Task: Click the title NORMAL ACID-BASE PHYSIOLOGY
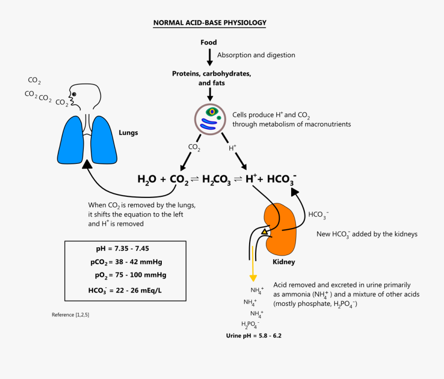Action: [210, 23]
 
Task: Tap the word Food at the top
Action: [209, 42]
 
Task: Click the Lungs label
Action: [128, 133]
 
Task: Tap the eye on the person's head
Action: [74, 94]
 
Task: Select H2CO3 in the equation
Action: [216, 180]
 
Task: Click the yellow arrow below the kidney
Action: [253, 266]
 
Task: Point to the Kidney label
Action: [284, 262]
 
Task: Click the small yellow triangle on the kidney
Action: [264, 230]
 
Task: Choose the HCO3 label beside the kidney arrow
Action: [318, 215]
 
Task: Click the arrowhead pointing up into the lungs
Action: [87, 165]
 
